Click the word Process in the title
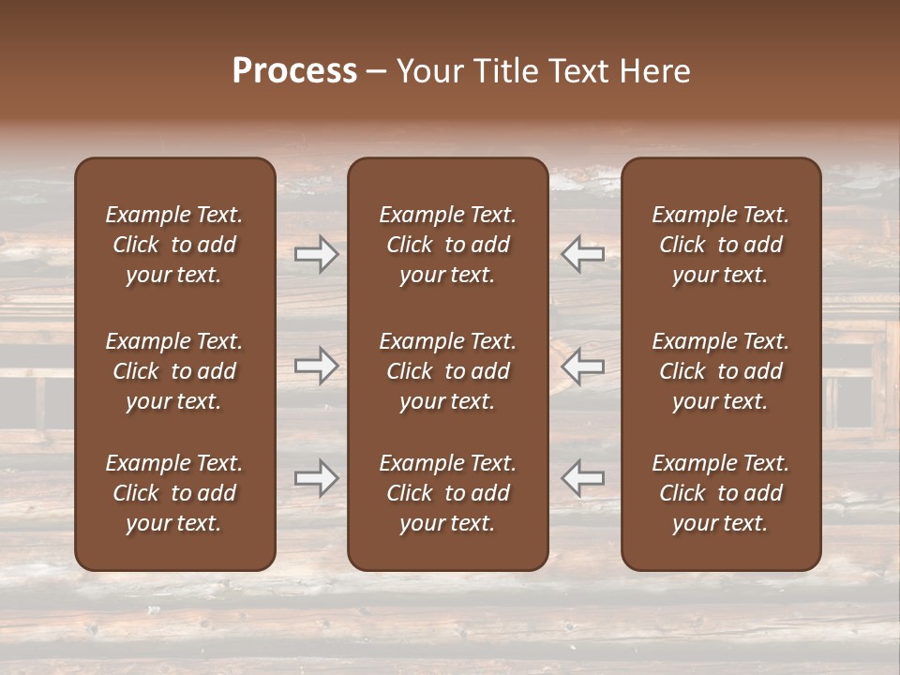(x=294, y=71)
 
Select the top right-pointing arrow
(x=317, y=254)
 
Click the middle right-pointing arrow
(x=317, y=366)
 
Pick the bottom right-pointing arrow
(x=317, y=478)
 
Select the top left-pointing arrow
(x=583, y=254)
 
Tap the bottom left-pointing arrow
(x=583, y=478)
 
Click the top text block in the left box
(x=174, y=245)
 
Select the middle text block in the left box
(x=174, y=371)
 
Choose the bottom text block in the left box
(x=174, y=493)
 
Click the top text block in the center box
(x=448, y=245)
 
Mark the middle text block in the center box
(x=448, y=371)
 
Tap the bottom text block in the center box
(x=448, y=493)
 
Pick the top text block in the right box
(x=721, y=245)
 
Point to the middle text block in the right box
(x=721, y=371)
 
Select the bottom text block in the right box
(x=721, y=493)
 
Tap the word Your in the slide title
(x=428, y=71)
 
